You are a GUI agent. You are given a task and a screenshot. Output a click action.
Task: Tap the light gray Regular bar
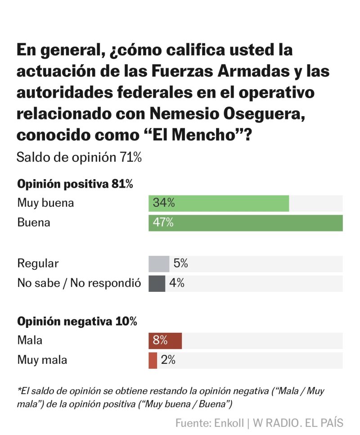[x=159, y=264]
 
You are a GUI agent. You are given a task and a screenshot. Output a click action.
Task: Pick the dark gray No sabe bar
[x=157, y=284]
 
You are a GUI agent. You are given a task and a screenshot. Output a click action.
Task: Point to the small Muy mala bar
[x=153, y=360]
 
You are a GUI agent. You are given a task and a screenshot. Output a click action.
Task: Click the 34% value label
[x=163, y=204]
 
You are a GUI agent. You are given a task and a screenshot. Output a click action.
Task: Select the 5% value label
[x=180, y=264]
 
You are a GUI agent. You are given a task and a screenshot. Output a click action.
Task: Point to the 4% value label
[x=177, y=284]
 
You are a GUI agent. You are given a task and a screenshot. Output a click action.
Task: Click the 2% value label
[x=168, y=360]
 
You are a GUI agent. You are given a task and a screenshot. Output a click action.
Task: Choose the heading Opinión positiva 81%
[x=75, y=184]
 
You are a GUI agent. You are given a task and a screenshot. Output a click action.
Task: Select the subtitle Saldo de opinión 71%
[x=79, y=158]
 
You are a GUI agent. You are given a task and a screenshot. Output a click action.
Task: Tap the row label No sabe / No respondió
[x=79, y=284]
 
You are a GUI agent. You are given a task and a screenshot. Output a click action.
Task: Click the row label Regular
[x=38, y=264]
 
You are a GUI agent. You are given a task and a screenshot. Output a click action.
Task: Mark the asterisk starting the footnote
[x=19, y=390]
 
